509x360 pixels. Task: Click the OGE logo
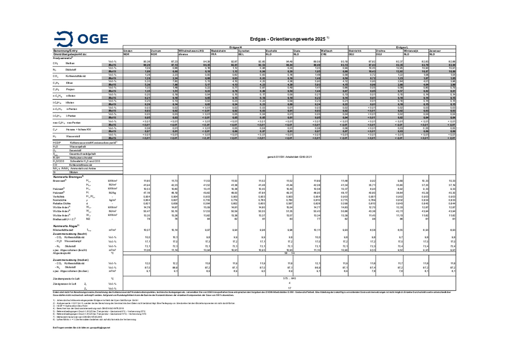click(x=81, y=39)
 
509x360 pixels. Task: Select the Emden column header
click(x=128, y=51)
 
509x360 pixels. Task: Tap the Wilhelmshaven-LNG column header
click(x=191, y=51)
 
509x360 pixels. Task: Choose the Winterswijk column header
click(x=411, y=51)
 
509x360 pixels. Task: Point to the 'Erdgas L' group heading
click(x=402, y=47)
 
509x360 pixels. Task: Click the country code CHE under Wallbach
click(x=324, y=54)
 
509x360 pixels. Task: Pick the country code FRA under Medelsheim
click(x=214, y=54)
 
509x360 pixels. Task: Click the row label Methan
click(x=70, y=63)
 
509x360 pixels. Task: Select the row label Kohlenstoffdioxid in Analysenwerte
click(x=75, y=76)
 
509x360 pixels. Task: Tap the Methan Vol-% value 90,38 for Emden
click(x=146, y=62)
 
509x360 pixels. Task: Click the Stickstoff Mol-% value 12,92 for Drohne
click(x=399, y=71)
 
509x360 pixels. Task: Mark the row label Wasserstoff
click(x=73, y=136)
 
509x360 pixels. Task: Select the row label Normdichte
click(x=60, y=200)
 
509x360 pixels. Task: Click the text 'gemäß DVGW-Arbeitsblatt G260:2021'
click(x=289, y=156)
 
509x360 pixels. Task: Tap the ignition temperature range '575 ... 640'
click(x=289, y=278)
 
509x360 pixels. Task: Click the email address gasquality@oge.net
click(x=100, y=327)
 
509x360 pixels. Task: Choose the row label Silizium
click(x=73, y=172)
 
